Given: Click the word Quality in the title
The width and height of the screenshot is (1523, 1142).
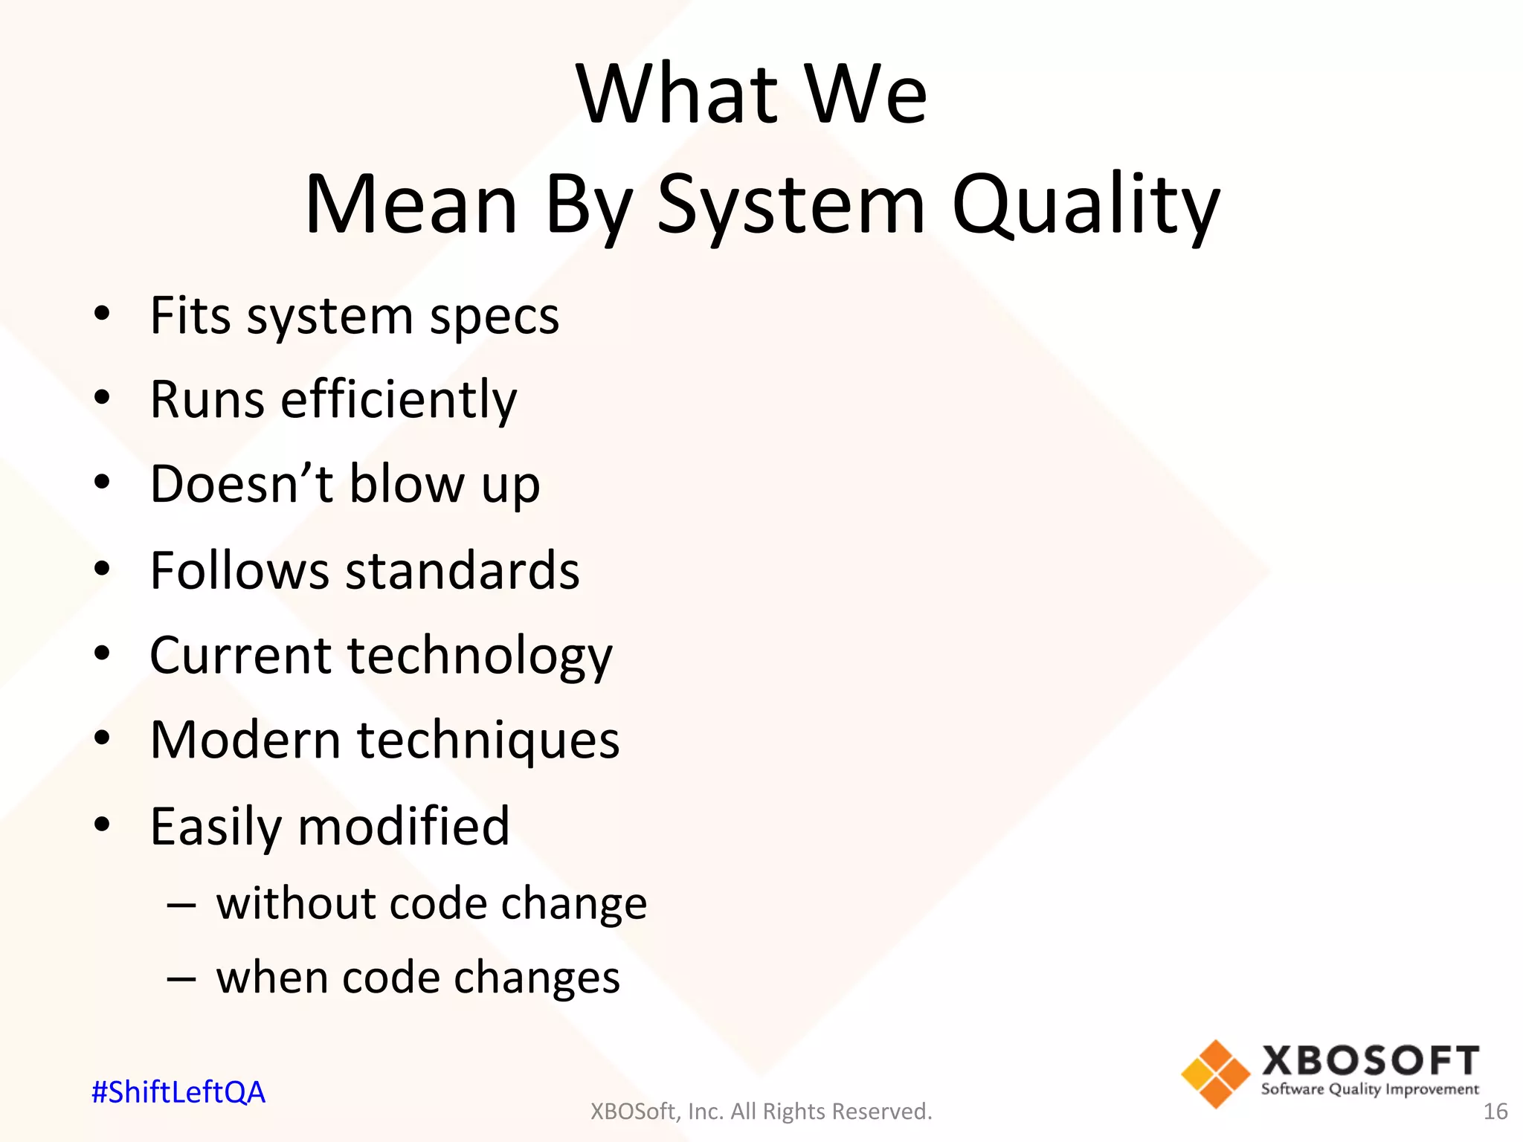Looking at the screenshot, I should click(1085, 204).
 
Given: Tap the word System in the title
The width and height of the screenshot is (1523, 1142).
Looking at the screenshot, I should click(791, 204).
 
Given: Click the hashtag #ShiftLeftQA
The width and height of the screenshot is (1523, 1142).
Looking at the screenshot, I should click(178, 1092).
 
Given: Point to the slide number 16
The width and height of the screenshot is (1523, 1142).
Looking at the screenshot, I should click(1495, 1112).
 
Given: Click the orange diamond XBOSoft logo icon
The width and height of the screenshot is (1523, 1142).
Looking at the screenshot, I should click(1215, 1074).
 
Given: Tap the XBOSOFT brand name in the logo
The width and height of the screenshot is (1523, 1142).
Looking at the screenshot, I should click(1370, 1060).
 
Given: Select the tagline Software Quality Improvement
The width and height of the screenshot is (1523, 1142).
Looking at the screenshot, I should click(1370, 1089).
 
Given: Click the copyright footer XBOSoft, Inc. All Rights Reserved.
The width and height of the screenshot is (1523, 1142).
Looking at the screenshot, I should click(761, 1112).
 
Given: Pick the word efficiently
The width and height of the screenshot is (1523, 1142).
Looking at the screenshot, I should click(399, 399).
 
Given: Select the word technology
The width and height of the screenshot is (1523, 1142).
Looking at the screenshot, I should click(480, 656).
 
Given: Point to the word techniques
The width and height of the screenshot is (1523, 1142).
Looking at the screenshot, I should click(488, 741).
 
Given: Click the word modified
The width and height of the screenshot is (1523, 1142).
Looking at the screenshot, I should click(404, 826).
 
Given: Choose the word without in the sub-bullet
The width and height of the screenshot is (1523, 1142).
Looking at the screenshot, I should click(295, 903).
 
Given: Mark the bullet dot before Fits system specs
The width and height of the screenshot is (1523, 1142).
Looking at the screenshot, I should click(102, 314).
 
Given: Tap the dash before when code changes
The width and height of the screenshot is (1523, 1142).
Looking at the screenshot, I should click(181, 978).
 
